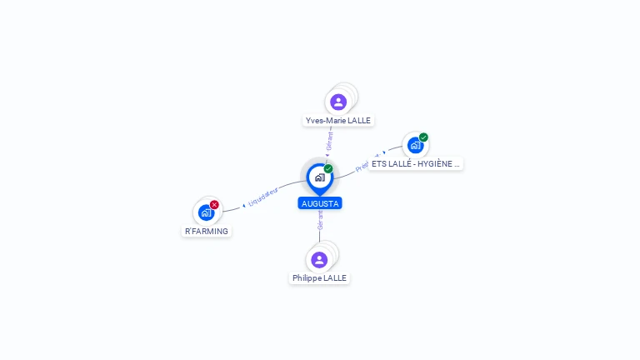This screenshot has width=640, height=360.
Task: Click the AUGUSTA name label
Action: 320,203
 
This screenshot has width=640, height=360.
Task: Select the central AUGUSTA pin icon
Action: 319,177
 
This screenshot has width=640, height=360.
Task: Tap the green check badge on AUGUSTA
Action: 328,169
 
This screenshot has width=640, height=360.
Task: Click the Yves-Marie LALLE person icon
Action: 338,102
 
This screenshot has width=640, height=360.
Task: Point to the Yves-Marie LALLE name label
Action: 338,120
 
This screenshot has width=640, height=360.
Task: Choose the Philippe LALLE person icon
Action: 319,260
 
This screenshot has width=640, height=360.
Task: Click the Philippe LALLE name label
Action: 319,277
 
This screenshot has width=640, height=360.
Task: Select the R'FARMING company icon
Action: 206,212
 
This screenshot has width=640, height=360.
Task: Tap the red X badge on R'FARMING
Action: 214,204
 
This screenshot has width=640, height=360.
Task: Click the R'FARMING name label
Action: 207,231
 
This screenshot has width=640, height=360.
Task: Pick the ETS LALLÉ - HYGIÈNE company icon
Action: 415,146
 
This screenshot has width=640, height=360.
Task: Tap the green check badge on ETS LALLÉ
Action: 423,137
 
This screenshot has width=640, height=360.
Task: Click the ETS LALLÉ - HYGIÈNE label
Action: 416,164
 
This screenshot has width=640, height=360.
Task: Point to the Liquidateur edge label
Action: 263,197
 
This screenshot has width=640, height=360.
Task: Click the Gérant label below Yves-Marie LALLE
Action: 330,141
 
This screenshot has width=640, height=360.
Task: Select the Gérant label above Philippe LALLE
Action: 320,220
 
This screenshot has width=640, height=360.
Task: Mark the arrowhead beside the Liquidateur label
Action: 245,205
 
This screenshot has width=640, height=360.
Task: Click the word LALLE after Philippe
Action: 335,277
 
